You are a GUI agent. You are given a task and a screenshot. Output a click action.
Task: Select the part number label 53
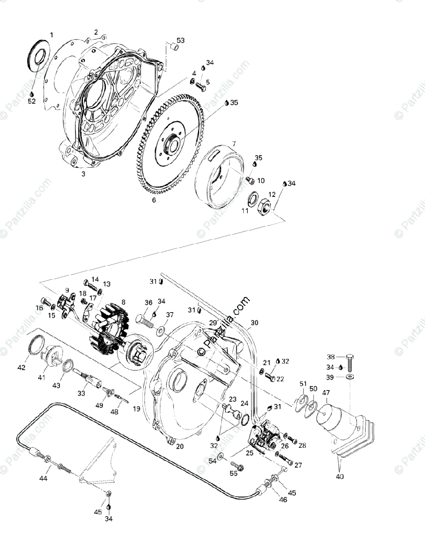click(181, 41)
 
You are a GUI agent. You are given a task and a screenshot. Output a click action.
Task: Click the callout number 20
click(180, 446)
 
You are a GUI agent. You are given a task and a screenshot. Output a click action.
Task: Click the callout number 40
click(340, 477)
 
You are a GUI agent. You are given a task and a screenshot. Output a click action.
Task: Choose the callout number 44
click(44, 478)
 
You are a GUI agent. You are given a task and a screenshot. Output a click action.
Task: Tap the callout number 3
click(84, 174)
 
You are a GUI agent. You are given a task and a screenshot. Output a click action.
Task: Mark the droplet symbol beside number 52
click(31, 93)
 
